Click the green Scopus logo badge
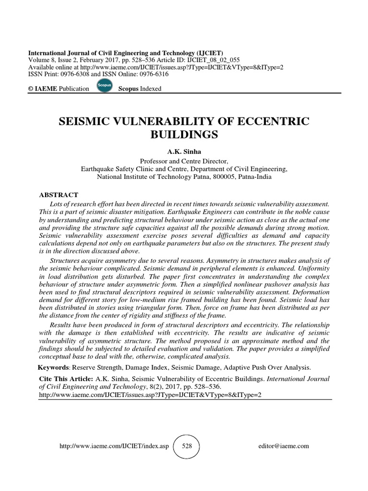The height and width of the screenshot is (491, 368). [x=104, y=87]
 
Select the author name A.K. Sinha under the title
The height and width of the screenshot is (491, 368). [x=184, y=152]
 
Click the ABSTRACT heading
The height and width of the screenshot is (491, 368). [x=58, y=195]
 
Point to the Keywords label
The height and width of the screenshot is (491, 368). [x=54, y=368]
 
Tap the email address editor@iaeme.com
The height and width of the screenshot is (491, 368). [x=283, y=446]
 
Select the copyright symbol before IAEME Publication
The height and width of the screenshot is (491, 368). [x=32, y=89]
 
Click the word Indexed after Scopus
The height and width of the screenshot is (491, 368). [x=150, y=89]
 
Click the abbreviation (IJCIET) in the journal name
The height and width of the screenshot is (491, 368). [x=207, y=53]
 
